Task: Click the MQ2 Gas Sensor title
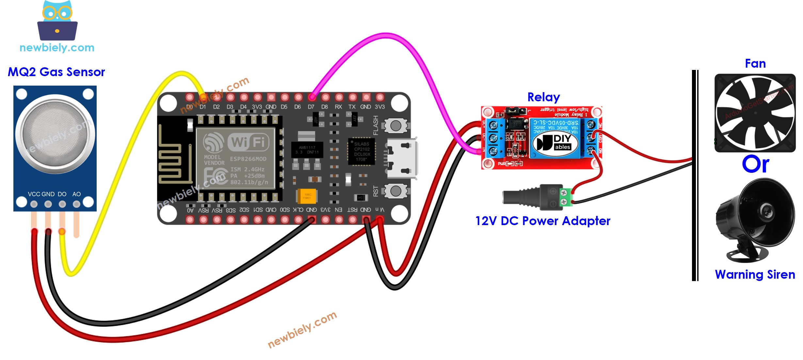coord(56,72)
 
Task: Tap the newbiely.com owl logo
coord(57,21)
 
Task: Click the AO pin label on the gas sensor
coord(76,194)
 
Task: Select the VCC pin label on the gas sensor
coord(34,194)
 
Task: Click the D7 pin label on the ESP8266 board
coord(311,107)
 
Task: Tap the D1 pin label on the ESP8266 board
coord(203,107)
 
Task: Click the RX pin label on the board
coord(338,107)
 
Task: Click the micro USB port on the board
coord(402,158)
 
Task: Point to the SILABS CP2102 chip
coord(362,152)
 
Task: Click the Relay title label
coord(543,97)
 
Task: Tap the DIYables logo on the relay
coord(555,143)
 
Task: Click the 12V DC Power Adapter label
coord(542,221)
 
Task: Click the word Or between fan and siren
coord(755,164)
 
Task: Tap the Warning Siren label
coord(755,275)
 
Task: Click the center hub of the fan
coord(755,113)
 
